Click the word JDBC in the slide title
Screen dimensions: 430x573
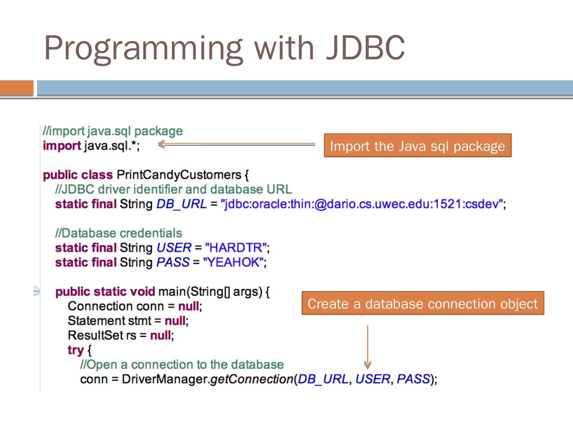point(365,48)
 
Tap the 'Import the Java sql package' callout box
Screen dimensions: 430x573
point(417,146)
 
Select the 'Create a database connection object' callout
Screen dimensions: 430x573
point(423,303)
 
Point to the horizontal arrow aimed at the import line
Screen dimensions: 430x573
point(237,145)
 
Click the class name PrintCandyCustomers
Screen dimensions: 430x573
point(179,175)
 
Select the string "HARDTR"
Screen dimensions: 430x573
point(235,248)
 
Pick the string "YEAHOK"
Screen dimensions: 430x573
point(233,262)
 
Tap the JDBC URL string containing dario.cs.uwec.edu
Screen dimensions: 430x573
point(362,204)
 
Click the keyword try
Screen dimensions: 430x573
point(76,350)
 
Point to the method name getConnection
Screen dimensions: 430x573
point(252,379)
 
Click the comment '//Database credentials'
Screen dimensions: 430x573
point(119,233)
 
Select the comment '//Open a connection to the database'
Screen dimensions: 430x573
point(182,364)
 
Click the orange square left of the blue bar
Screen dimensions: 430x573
point(17,88)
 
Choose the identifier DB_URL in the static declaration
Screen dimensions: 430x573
point(181,204)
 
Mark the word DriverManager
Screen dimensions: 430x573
point(165,379)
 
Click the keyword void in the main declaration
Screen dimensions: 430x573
point(141,291)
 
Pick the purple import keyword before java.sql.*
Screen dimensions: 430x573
point(62,146)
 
